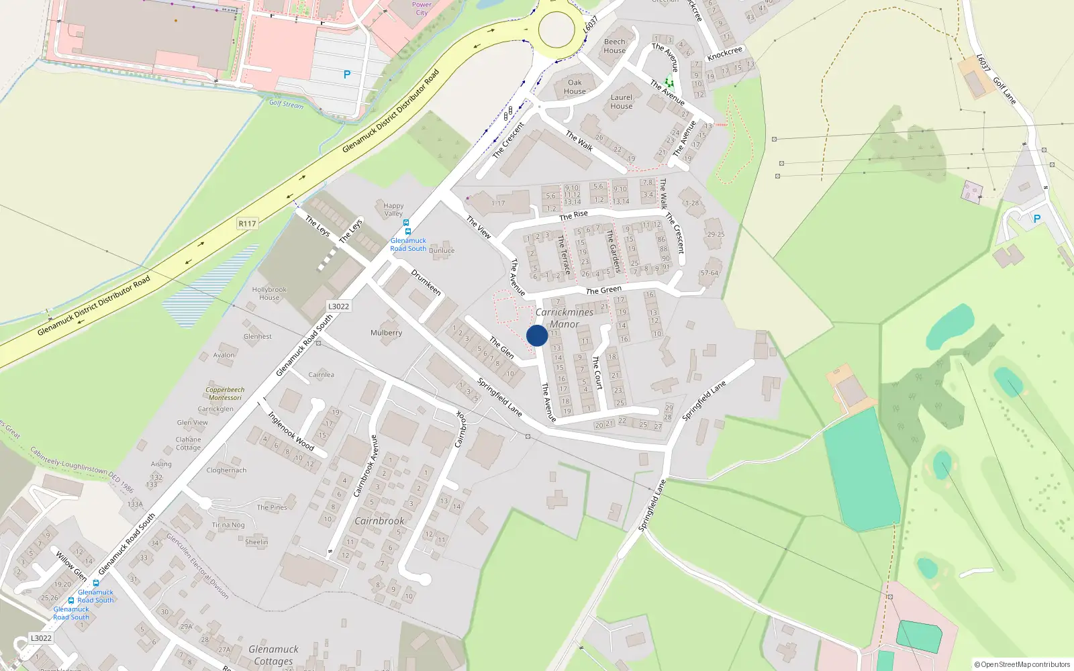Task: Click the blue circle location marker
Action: [537, 335]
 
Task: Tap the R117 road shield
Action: [247, 223]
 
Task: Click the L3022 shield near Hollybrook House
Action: [338, 307]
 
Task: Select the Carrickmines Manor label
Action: [565, 318]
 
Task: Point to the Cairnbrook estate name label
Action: [379, 521]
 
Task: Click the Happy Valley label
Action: [393, 209]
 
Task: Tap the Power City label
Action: [422, 8]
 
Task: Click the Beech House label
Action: [614, 46]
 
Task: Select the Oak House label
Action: [575, 87]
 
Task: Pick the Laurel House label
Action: [622, 101]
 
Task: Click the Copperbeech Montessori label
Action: [225, 393]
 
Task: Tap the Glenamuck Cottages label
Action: [273, 655]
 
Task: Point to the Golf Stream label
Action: [286, 104]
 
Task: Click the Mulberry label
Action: [386, 333]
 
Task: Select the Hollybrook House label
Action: [269, 293]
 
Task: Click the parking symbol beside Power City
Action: [347, 74]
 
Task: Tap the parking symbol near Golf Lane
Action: [1036, 219]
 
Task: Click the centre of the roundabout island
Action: [556, 30]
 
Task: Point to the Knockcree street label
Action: [725, 53]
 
